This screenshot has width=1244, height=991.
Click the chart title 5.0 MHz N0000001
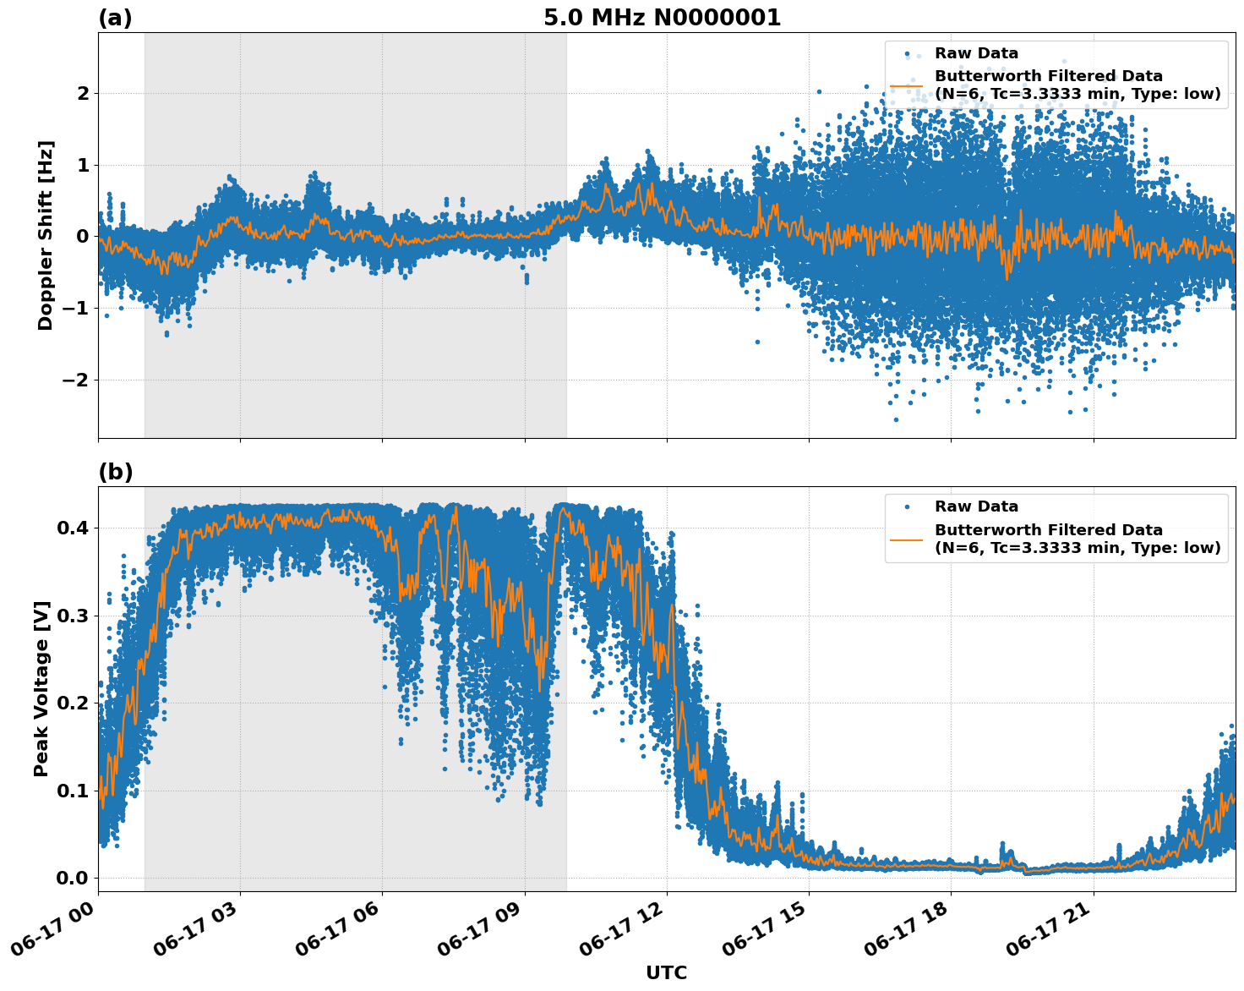coord(662,18)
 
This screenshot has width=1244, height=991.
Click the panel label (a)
coord(115,18)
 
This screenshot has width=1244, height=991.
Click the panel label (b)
coord(115,472)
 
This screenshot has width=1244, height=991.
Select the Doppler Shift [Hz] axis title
coord(46,235)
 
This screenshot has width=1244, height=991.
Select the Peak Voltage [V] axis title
coord(41,688)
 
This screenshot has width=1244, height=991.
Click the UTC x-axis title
coord(666,972)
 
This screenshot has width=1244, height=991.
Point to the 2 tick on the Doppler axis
coord(83,93)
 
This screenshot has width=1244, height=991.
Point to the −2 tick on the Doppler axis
coord(76,380)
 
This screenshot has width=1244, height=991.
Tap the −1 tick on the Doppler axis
coord(76,308)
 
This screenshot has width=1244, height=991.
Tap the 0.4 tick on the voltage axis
coord(73,528)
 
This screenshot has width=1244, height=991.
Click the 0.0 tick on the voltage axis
coord(73,878)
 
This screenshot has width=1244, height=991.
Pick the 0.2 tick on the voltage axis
coord(73,703)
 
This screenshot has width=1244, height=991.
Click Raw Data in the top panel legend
coord(976,53)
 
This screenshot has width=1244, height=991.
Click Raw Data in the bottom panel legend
coord(976,506)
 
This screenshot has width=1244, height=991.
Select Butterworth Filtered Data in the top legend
coord(1048,76)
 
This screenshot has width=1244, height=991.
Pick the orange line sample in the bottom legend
coord(907,539)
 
